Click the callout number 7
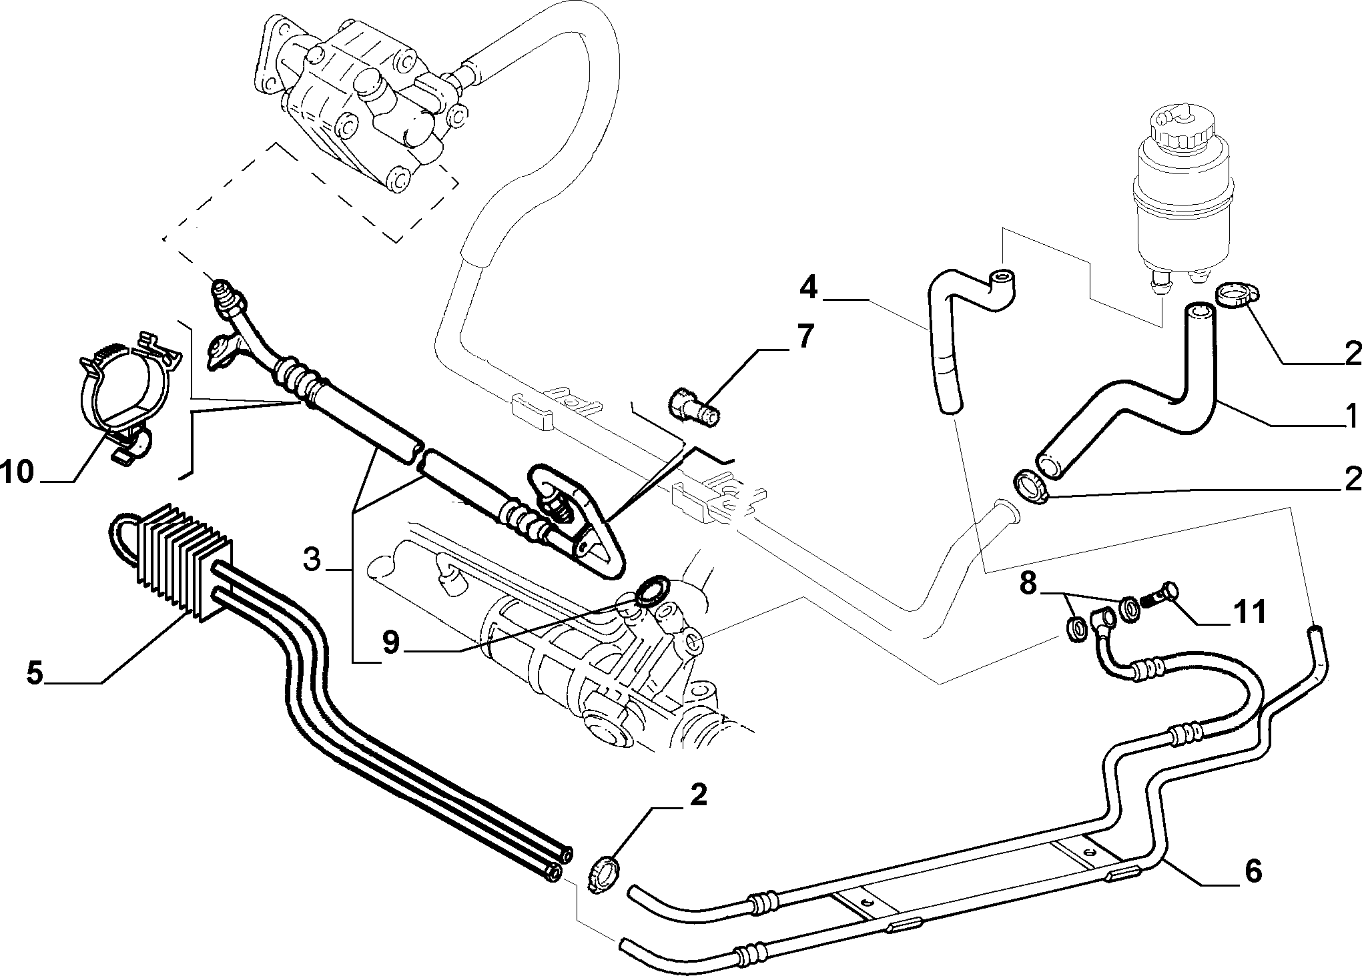pyautogui.click(x=805, y=338)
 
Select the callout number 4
pyautogui.click(x=808, y=288)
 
